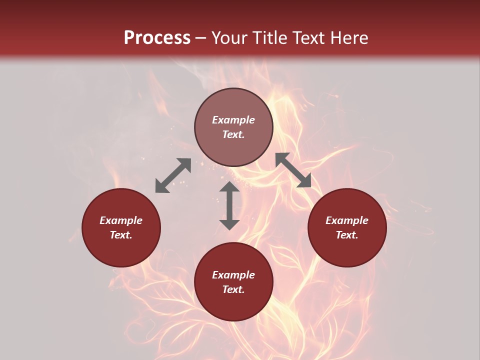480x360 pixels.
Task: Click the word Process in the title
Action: (157, 38)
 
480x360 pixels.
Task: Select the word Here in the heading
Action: (348, 38)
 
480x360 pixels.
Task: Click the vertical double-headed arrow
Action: (229, 205)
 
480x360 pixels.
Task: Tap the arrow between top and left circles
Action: (173, 175)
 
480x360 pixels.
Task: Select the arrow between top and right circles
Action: (293, 170)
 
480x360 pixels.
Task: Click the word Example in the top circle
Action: (233, 120)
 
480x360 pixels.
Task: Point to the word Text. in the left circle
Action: (121, 235)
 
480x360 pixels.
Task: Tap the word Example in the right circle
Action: (347, 220)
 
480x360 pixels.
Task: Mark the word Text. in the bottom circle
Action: (233, 289)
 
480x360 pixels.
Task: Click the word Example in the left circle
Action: (121, 220)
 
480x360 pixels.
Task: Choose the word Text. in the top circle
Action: (233, 134)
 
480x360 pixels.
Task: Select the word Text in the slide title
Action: (307, 38)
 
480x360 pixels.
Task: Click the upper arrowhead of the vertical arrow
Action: (229, 187)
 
